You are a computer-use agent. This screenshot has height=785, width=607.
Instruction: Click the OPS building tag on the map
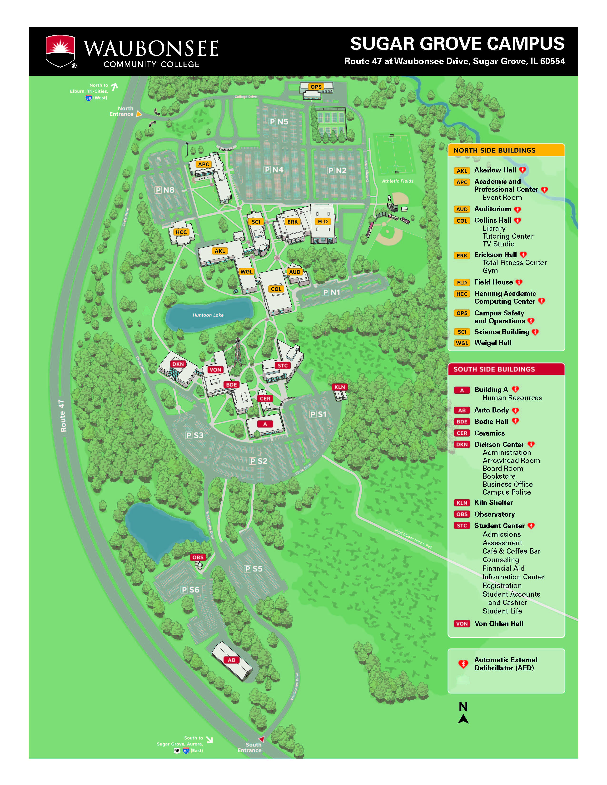(316, 87)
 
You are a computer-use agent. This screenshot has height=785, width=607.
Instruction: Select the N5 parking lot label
(278, 122)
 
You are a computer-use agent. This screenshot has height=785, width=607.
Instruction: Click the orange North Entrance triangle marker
(139, 114)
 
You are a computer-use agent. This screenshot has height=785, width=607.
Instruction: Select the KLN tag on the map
(339, 387)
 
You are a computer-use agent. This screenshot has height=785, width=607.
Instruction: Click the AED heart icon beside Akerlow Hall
(522, 170)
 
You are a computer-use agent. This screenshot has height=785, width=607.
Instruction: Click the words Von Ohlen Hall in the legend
(499, 624)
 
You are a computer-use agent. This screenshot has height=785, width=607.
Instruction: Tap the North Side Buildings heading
(494, 150)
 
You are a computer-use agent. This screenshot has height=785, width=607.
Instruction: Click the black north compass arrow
(463, 719)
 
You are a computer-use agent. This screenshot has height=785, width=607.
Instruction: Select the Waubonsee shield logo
(60, 51)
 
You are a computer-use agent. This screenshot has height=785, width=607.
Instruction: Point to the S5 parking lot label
(253, 569)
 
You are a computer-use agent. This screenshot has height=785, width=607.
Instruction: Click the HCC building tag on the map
(181, 232)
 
